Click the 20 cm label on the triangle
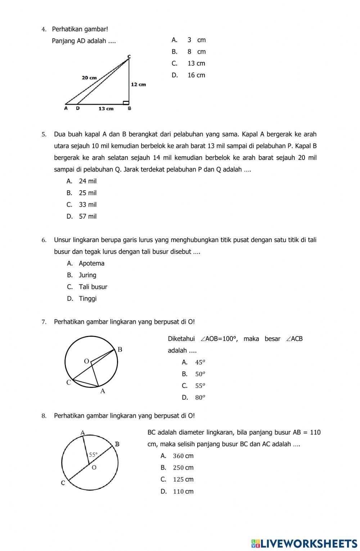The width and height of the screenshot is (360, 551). pyautogui.click(x=89, y=77)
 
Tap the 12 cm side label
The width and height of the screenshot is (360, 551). pyautogui.click(x=138, y=84)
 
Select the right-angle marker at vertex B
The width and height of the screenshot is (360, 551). pyautogui.click(x=126, y=103)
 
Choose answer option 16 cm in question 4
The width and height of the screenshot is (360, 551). pyautogui.click(x=196, y=75)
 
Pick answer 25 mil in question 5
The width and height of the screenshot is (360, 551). pyautogui.click(x=87, y=193)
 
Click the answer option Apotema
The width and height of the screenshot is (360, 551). pyautogui.click(x=91, y=264)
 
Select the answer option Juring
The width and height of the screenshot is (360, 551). pyautogui.click(x=87, y=275)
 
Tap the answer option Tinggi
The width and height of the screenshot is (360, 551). pyautogui.click(x=87, y=299)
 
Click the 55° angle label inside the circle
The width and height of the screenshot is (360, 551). pyautogui.click(x=93, y=455)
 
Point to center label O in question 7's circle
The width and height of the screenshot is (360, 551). pyautogui.click(x=86, y=361)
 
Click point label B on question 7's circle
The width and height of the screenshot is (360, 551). pyautogui.click(x=120, y=349)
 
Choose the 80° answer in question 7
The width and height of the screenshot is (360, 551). pyautogui.click(x=200, y=398)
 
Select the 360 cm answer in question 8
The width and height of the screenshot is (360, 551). pyautogui.click(x=183, y=456)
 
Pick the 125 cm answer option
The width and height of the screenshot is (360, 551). pyautogui.click(x=183, y=479)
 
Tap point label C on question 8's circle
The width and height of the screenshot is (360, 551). pyautogui.click(x=63, y=483)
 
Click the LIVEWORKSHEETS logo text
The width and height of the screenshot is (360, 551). pyautogui.click(x=304, y=543)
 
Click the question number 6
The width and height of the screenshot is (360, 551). pyautogui.click(x=44, y=240)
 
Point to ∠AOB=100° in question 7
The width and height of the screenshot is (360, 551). pyautogui.click(x=219, y=339)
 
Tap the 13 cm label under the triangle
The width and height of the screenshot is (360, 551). pyautogui.click(x=106, y=108)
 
